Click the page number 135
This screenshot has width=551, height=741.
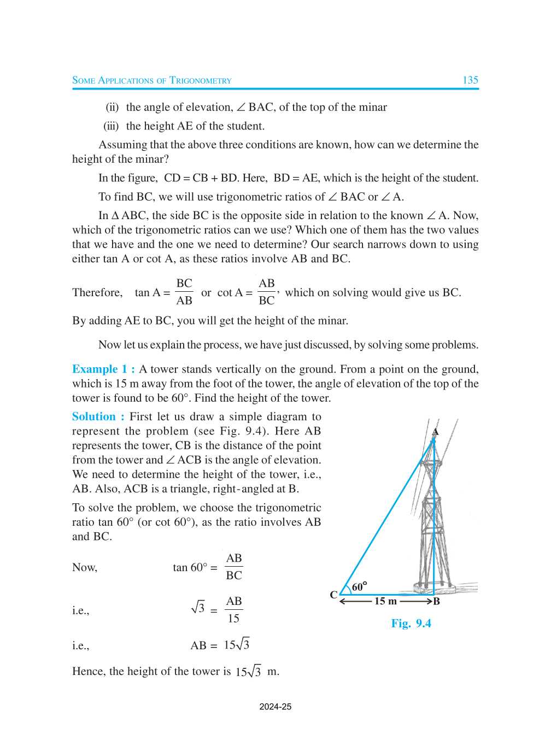click(470, 80)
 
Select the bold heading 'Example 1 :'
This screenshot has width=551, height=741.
click(103, 369)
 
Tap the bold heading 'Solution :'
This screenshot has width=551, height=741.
click(98, 416)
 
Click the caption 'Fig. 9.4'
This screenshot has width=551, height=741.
click(411, 624)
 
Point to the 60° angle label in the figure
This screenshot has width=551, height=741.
click(359, 587)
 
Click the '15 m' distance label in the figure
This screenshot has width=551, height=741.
click(385, 601)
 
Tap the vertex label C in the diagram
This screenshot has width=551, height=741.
click(333, 595)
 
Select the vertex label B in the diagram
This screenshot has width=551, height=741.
click(436, 602)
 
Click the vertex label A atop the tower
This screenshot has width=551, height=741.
click(435, 432)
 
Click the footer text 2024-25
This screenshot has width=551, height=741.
click(275, 707)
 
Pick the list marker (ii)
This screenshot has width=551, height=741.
click(112, 107)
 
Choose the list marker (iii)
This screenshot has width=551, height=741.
click(111, 126)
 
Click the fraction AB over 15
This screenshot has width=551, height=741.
click(233, 610)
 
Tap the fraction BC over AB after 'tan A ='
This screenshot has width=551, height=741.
click(184, 292)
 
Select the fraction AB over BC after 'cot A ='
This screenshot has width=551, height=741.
click(266, 292)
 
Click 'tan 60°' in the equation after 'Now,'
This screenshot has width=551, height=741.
click(190, 568)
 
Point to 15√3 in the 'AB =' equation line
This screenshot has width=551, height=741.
click(236, 645)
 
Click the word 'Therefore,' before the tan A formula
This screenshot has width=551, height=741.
click(97, 292)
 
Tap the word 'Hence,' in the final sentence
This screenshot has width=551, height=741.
click(89, 671)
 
